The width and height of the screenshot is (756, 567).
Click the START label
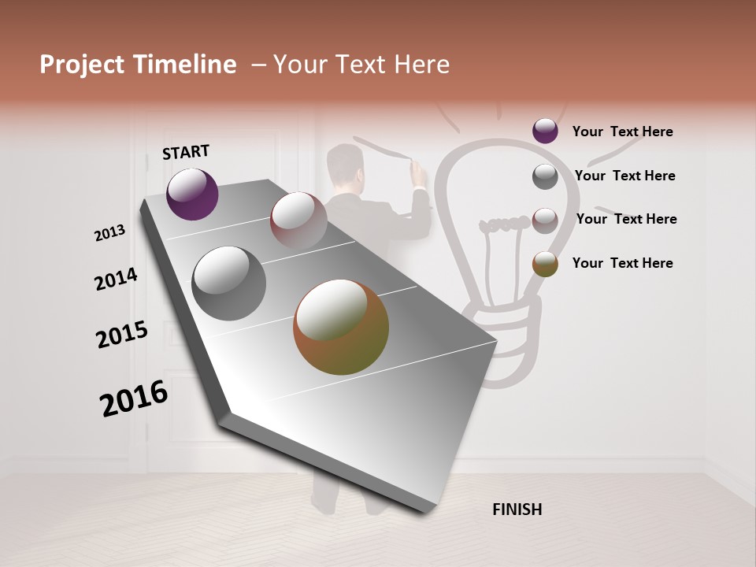[186, 152]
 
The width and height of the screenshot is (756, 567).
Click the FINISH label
[517, 510]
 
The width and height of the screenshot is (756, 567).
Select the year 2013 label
[109, 233]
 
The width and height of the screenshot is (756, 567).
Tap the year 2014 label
[116, 280]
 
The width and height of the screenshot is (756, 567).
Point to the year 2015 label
[122, 335]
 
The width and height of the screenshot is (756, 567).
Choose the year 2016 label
[134, 398]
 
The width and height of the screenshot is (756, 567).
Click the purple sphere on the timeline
[192, 194]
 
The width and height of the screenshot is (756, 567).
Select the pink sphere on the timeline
[298, 220]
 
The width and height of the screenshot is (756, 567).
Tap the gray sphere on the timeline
[228, 283]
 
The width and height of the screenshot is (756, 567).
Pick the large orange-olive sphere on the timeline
[341, 327]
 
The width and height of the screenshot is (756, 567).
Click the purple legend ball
[545, 131]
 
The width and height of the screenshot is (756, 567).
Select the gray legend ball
[545, 176]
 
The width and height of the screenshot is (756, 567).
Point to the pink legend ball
[545, 220]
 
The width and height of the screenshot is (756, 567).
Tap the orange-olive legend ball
[545, 264]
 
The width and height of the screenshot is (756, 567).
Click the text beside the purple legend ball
[622, 132]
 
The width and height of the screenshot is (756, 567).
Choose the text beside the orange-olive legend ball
[622, 263]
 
